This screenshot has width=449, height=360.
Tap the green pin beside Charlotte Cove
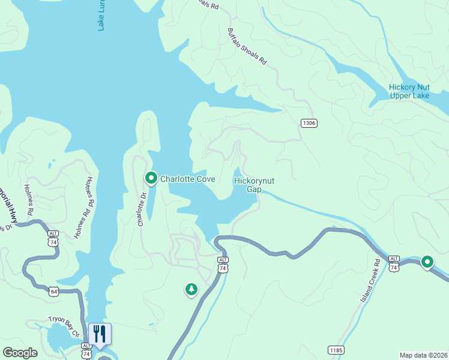pos(151,178)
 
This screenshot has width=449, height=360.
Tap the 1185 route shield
pos(336,349)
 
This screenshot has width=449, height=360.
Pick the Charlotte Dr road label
pos(142,208)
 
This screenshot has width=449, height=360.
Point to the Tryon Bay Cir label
pos(64,326)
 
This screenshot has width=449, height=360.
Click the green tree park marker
pos(191,290)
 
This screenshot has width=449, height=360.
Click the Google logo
pos(20,353)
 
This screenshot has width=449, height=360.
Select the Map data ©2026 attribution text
pos(424,355)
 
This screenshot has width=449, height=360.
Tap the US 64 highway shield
pos(54,292)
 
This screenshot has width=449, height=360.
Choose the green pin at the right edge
pos(427,262)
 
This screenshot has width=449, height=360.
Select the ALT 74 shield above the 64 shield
pos(53,239)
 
